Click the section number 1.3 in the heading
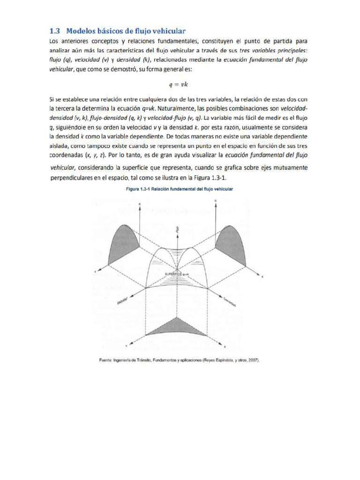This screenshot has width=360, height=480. pyautogui.click(x=55, y=31)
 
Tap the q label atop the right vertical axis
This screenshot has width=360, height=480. pyautogui.click(x=215, y=201)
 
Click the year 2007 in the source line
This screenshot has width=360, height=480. pyautogui.click(x=252, y=360)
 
